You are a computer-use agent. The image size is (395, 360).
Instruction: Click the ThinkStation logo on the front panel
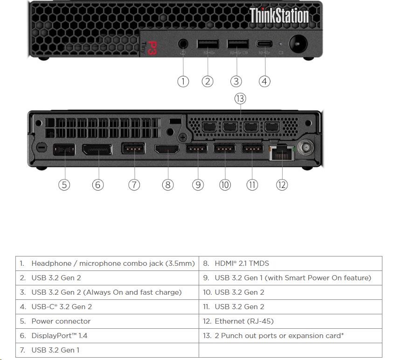[x=279, y=15]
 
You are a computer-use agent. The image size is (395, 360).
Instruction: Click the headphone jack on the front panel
[x=183, y=44]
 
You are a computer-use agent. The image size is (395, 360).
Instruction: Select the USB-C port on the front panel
[x=264, y=44]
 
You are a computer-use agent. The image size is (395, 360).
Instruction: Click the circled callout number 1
[x=183, y=81]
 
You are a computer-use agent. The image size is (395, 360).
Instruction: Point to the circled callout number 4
[x=264, y=81]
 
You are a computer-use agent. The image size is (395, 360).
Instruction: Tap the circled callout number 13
[x=240, y=98]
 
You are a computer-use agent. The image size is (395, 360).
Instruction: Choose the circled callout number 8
[x=168, y=185]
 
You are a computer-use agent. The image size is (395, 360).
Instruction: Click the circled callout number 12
[x=282, y=185]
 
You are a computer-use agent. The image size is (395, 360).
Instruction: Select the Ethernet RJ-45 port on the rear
[x=282, y=152]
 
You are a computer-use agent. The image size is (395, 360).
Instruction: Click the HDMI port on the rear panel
[x=167, y=149]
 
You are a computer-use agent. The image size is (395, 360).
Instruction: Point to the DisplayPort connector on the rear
[x=97, y=149]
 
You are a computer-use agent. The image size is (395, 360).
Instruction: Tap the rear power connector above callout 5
[x=64, y=149]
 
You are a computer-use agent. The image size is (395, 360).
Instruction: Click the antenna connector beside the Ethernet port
[x=305, y=147]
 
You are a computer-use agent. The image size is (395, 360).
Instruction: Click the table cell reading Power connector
[x=107, y=321]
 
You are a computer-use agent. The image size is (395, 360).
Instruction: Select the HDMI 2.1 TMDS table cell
[x=291, y=263]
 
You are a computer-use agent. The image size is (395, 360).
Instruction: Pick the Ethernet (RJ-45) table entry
[x=291, y=321]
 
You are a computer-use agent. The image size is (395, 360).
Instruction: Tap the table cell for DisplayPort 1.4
[x=107, y=336]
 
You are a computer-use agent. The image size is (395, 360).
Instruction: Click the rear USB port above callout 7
[x=133, y=148]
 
